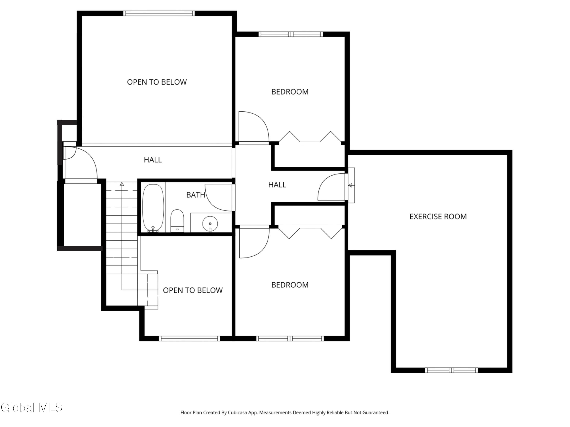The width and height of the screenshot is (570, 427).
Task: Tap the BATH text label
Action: click(x=196, y=195)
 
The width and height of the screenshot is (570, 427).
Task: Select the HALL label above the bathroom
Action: click(x=153, y=160)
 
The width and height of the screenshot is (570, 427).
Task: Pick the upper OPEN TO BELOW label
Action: click(x=157, y=82)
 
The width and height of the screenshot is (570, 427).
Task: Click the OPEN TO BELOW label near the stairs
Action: click(x=192, y=290)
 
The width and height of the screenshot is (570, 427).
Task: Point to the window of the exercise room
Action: click(x=451, y=370)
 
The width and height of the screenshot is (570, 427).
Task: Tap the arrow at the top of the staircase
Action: click(x=122, y=184)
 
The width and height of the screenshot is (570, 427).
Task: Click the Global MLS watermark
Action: click(x=31, y=407)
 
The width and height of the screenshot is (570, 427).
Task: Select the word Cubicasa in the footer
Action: click(x=237, y=413)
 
